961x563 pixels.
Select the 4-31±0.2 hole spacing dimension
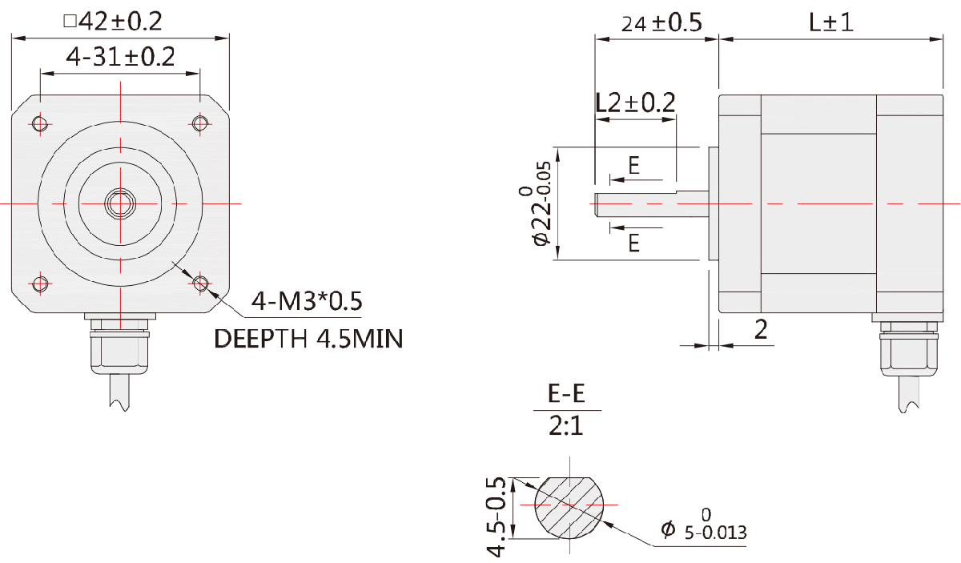coord(120,57)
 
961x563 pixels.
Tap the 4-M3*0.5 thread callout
coord(307,301)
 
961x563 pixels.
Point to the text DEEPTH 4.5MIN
coord(308,339)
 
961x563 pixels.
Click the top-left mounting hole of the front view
coord(40,123)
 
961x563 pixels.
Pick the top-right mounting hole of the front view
coord(200,123)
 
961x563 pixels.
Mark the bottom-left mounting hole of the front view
coord(40,284)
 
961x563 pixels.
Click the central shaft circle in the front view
coord(120,203)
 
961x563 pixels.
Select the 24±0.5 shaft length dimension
coord(661,23)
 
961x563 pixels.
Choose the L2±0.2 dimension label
coord(636,103)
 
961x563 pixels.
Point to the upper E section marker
coord(633,166)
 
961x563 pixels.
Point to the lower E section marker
coord(633,243)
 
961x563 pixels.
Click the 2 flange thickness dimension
coord(761,329)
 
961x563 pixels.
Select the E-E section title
coord(566,394)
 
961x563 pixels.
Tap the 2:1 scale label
coord(566,426)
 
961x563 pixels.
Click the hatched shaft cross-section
coord(568,505)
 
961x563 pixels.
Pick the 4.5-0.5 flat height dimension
coord(498,517)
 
